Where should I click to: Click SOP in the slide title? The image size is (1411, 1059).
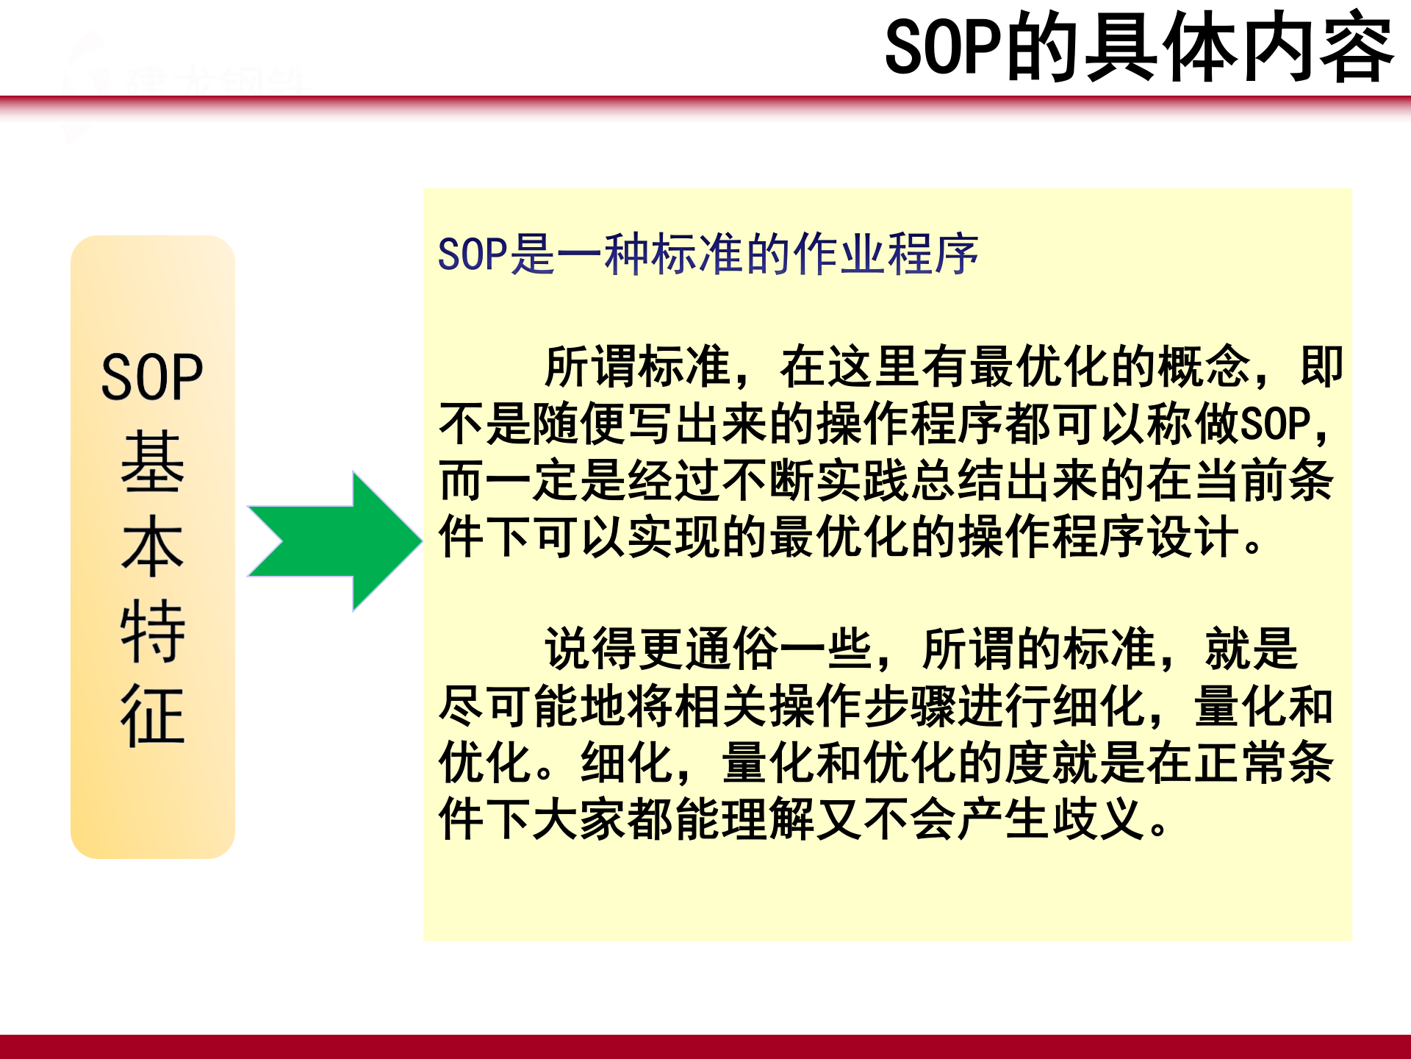(944, 49)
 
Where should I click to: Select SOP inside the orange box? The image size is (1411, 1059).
(152, 377)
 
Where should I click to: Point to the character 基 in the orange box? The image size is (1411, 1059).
(152, 462)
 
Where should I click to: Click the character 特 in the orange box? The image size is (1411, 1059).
(152, 630)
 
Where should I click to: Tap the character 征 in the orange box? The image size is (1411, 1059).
(152, 715)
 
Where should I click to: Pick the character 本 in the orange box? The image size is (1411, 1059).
(152, 546)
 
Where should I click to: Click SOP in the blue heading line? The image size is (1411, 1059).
(473, 254)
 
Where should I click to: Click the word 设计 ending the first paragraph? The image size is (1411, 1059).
(1193, 537)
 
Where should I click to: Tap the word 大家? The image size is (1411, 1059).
(579, 819)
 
